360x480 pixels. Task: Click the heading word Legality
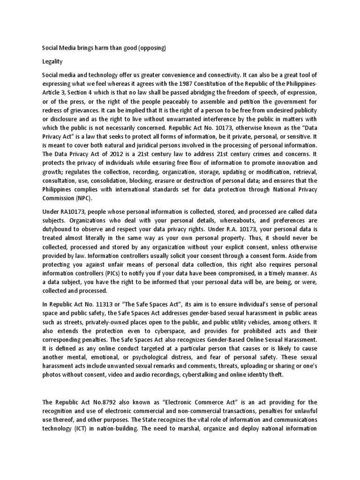pos(52,61)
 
